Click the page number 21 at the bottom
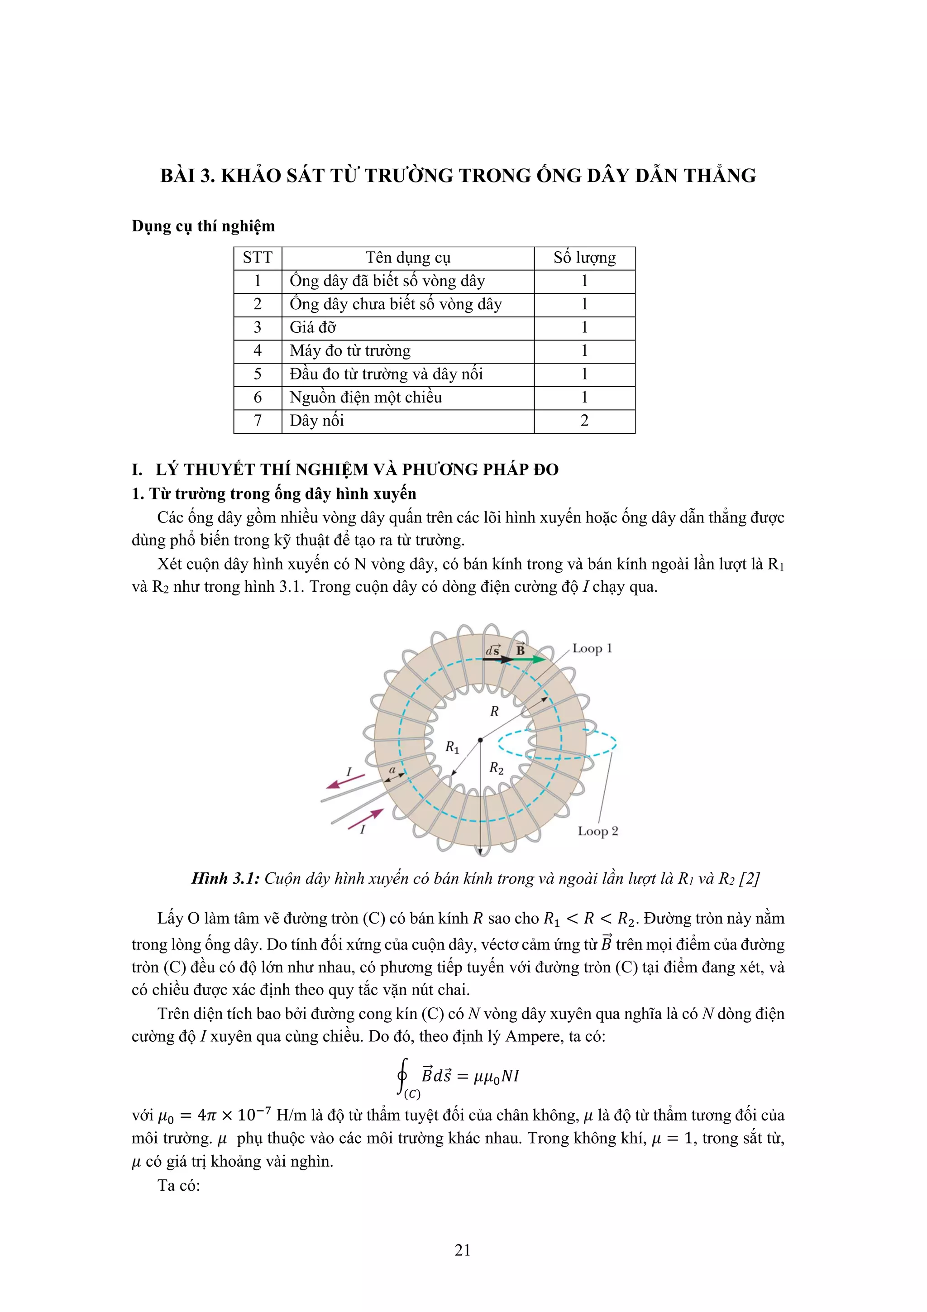pos(463,1250)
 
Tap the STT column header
pos(258,258)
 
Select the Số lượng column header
pos(584,258)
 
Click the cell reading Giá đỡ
pos(313,327)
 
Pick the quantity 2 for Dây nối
pos(584,421)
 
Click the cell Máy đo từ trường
pos(350,351)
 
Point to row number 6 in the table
pos(258,397)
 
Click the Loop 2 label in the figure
pos(597,831)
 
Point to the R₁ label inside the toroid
pos(452,747)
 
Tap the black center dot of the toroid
pos(480,740)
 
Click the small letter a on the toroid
pos(392,770)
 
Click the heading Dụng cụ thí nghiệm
pos(203,226)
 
